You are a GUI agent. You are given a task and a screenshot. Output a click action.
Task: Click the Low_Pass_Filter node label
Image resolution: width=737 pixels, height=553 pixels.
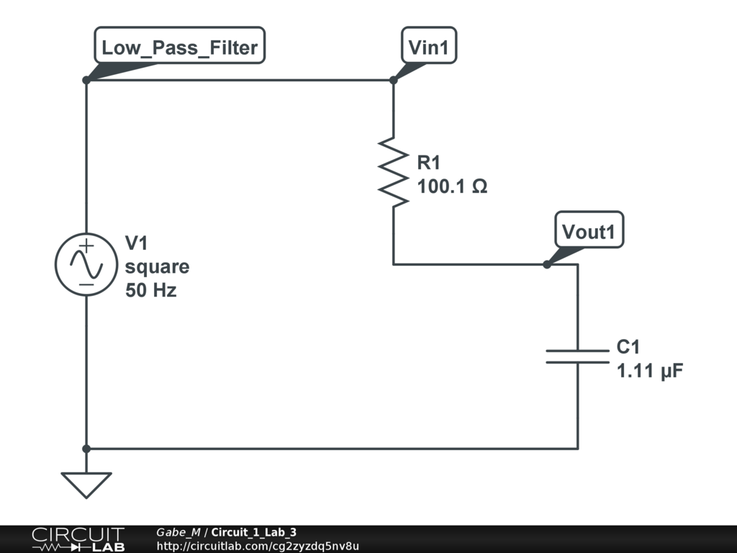tap(180, 48)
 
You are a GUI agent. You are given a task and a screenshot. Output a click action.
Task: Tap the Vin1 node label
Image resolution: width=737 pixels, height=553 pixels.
tap(429, 48)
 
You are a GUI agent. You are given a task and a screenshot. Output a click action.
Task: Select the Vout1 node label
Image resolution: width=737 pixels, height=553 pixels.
tap(589, 232)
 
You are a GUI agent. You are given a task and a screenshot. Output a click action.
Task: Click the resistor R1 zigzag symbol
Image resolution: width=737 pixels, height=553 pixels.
tap(393, 171)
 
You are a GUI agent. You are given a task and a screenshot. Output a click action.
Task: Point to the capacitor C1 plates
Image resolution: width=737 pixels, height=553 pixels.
tap(577, 356)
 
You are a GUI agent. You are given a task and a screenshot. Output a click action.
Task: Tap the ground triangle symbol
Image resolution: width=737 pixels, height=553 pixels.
tap(86, 484)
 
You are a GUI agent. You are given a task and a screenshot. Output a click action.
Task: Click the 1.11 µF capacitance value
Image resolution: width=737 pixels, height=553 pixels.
tap(650, 372)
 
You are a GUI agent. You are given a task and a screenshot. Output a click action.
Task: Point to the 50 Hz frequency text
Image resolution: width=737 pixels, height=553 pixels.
tap(150, 291)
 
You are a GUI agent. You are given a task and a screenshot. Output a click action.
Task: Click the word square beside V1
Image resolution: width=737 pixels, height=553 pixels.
tap(157, 267)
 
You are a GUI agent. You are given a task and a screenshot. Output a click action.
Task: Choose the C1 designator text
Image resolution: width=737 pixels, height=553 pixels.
tap(628, 348)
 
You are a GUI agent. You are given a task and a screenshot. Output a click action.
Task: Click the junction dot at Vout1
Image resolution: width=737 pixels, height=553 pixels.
tap(547, 264)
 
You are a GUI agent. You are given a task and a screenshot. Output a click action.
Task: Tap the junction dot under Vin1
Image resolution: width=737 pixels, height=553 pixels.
tap(393, 80)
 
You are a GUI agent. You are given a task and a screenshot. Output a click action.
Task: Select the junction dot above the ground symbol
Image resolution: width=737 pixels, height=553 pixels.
tap(86, 449)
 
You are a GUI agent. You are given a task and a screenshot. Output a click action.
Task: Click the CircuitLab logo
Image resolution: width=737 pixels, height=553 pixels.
tap(77, 539)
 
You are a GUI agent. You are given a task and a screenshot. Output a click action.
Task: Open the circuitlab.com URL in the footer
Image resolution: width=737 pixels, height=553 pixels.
tap(257, 546)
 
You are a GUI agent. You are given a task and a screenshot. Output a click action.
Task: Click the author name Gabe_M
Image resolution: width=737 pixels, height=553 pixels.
tap(178, 532)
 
